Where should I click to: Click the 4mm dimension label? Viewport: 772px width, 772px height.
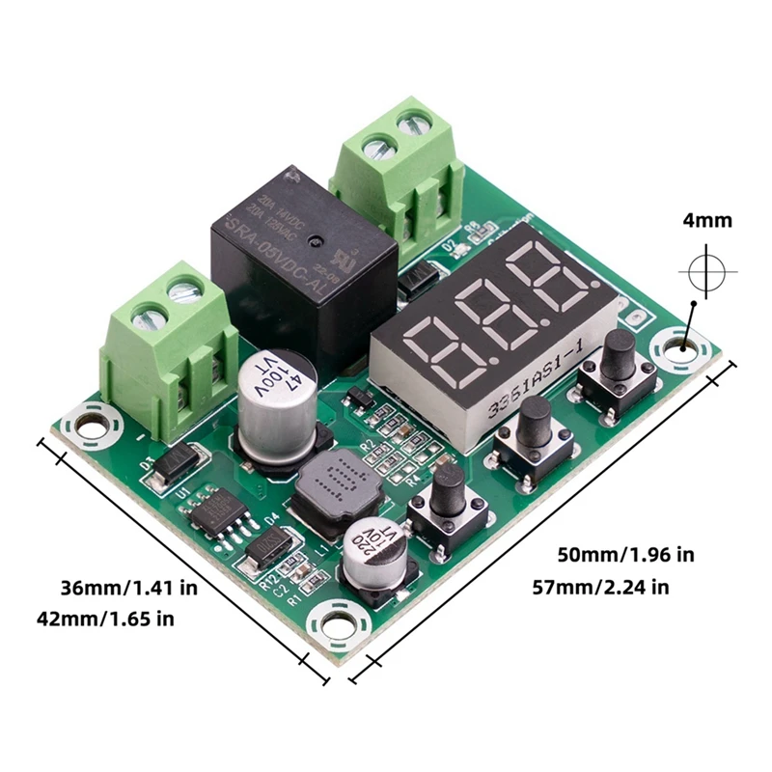point(707,221)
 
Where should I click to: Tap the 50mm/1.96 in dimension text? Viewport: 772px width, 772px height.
point(625,555)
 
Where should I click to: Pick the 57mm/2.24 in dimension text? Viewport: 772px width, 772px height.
point(601,587)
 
